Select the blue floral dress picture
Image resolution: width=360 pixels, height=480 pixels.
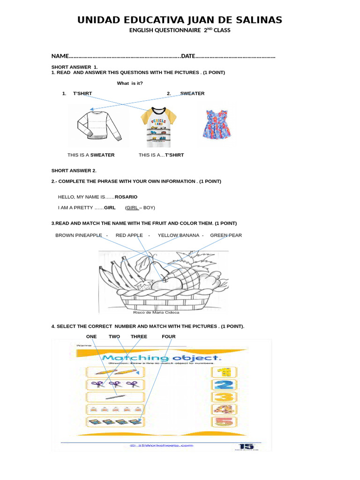(217, 124)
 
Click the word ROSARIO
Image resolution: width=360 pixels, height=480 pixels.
(126, 197)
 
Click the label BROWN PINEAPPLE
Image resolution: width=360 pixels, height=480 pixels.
(78, 235)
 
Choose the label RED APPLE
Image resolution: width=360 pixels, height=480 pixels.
(129, 235)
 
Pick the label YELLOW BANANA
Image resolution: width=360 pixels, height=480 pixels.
(178, 235)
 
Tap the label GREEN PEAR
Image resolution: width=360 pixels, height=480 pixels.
(226, 235)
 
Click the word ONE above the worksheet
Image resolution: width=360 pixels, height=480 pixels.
(91, 337)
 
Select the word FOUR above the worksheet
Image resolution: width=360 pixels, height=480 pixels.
(168, 337)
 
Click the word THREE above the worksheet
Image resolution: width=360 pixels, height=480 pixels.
(139, 337)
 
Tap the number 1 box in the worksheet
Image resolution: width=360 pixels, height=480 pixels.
(225, 372)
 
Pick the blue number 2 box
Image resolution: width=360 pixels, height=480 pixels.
(225, 385)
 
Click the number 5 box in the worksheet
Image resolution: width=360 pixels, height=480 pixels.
(225, 421)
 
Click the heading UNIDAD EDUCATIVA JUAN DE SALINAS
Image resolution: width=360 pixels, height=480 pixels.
(180, 20)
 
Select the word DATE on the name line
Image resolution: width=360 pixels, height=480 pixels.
(188, 56)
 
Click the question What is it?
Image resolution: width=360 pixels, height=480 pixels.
(130, 83)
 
